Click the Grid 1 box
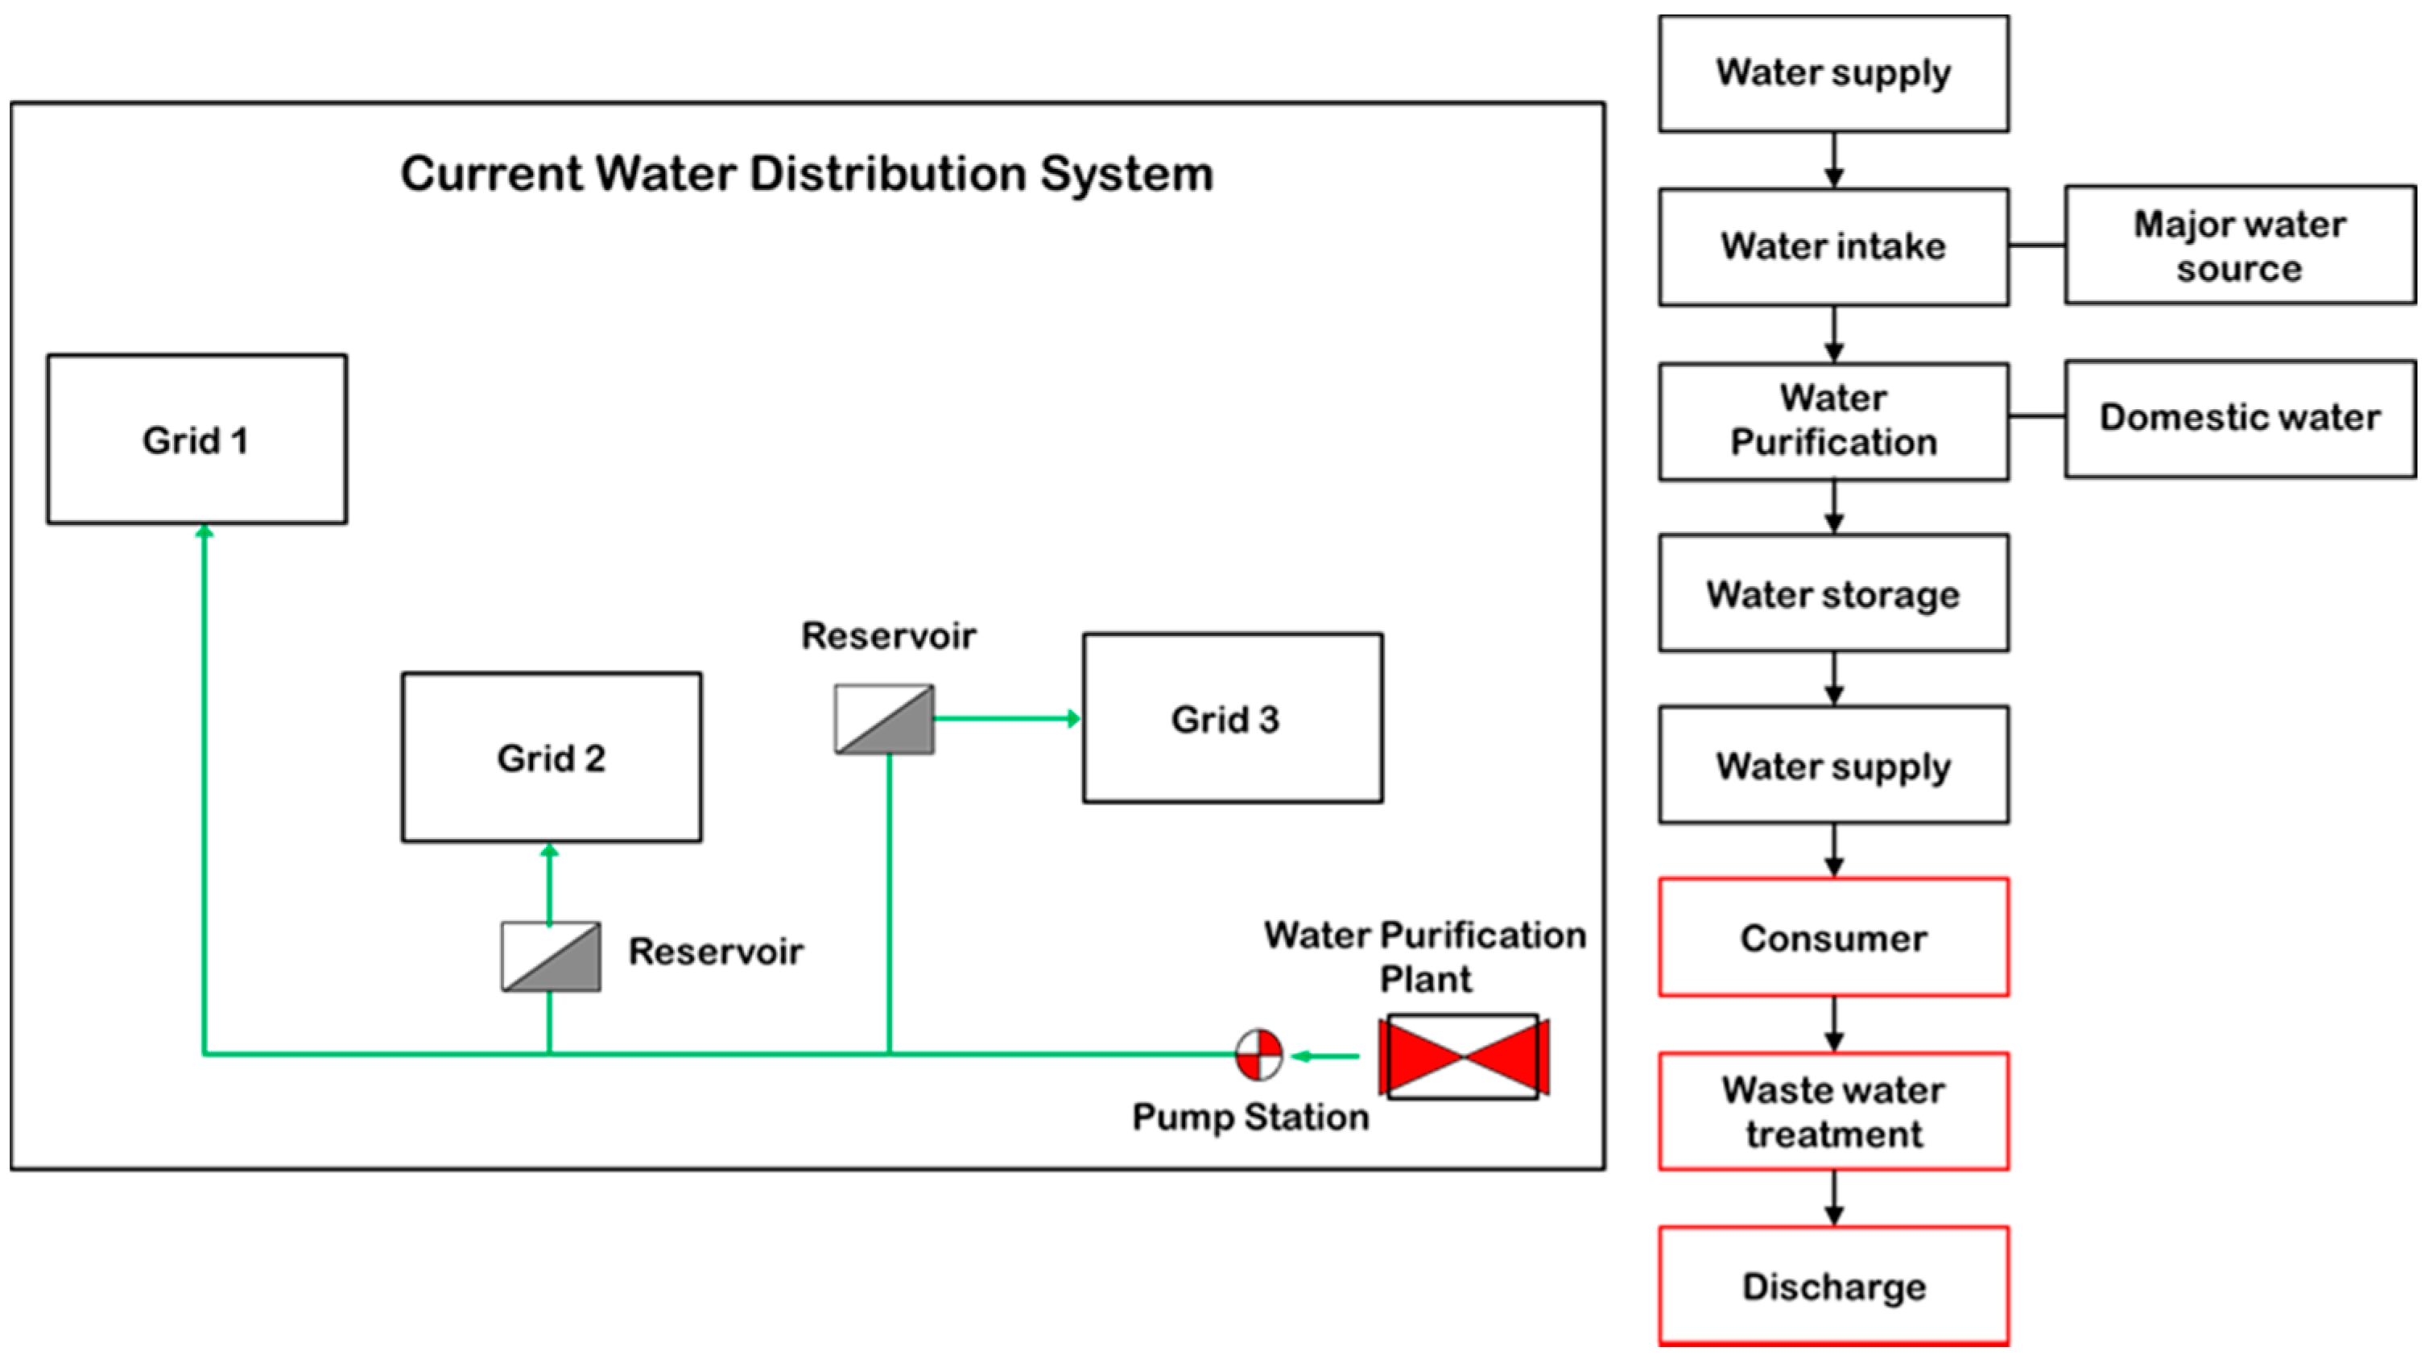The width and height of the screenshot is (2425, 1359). pos(196,439)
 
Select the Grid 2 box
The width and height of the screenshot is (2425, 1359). pos(552,757)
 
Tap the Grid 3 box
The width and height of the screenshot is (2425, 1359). pos(1233,717)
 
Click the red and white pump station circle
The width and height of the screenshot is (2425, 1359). pos(1258,1055)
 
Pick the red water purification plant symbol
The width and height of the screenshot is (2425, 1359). pos(1464,1056)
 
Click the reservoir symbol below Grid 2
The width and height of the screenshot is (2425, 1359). pos(551,956)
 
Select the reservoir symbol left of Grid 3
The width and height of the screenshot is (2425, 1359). pos(885,719)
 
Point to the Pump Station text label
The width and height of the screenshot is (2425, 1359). pos(1250,1117)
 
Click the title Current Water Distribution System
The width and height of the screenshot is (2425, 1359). pos(807,174)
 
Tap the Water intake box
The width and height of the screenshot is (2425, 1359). pos(1834,246)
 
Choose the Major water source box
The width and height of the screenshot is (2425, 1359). pos(2241,245)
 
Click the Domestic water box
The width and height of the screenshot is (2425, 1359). pos(2241,419)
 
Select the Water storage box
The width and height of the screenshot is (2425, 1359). pos(1834,593)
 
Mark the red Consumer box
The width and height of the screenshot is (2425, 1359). pos(1834,937)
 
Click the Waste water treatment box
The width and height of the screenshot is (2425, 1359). pos(1834,1112)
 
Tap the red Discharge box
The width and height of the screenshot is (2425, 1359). pos(1834,1286)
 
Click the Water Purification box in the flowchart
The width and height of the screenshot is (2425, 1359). pos(1834,422)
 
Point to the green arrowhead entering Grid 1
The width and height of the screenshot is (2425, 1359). pos(204,531)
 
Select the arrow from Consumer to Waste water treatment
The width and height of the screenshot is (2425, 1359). pos(1834,1024)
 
